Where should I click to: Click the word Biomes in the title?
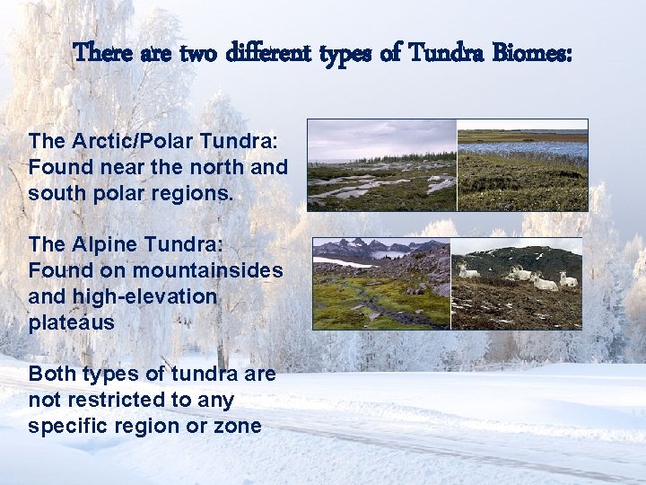pos(531,53)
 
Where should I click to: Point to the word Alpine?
pos(99,245)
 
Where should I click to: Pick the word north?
pos(216,167)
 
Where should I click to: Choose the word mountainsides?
pos(207,270)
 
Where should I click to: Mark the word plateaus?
pos(71,322)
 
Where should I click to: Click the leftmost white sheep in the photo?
pos(468,270)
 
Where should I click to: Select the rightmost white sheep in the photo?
pos(569,279)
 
